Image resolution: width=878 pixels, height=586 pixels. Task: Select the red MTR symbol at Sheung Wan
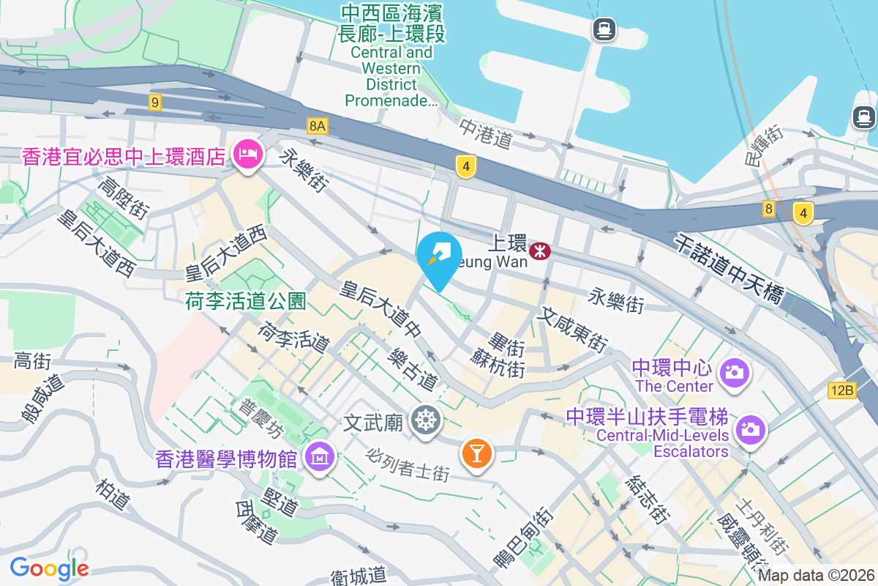coord(541,251)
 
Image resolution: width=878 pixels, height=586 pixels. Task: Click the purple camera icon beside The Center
coord(733,373)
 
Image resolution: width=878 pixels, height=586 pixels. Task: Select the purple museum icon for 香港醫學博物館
coord(320,459)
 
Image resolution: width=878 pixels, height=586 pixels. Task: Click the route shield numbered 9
coord(154,103)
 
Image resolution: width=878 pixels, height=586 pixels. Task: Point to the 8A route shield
coord(317,126)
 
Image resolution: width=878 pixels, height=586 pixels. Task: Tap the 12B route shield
coord(842,390)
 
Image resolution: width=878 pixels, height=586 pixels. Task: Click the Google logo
coord(49,568)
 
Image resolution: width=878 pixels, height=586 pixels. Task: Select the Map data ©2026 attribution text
coord(816,576)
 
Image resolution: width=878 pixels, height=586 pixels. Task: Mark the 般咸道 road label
coord(43,398)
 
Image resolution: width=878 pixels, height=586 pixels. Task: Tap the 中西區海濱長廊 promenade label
coord(391,23)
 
